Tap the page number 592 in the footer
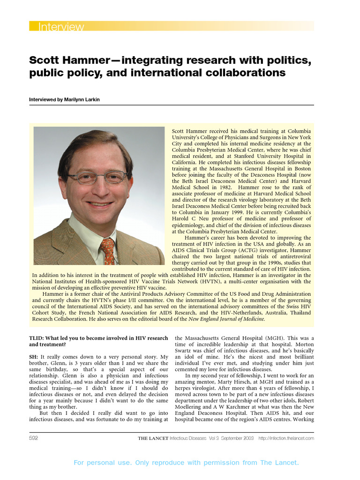point(34,438)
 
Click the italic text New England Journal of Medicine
point(226,319)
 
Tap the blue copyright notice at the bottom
point(186,463)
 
